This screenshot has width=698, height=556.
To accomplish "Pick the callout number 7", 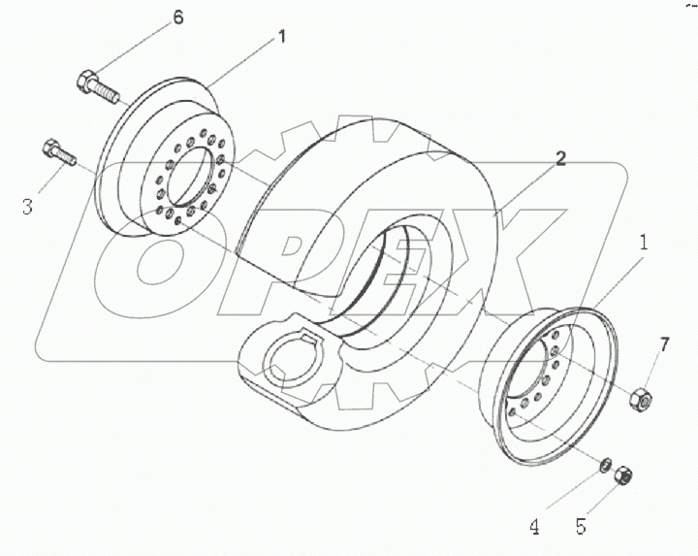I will tap(664, 343).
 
